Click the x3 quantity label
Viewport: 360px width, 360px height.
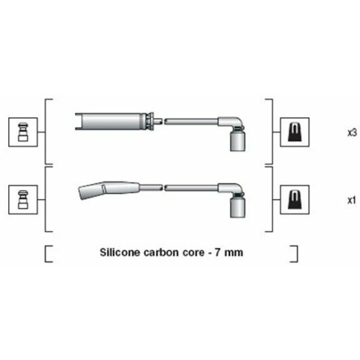click(x=352, y=133)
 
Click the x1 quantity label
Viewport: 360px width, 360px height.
click(x=351, y=201)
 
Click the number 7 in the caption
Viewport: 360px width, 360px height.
click(x=218, y=252)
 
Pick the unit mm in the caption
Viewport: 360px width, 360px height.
click(x=233, y=253)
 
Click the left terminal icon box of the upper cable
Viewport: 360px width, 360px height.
click(x=23, y=132)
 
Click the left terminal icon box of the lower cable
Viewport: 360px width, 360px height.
click(x=23, y=200)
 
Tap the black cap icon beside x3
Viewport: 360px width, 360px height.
click(x=294, y=132)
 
